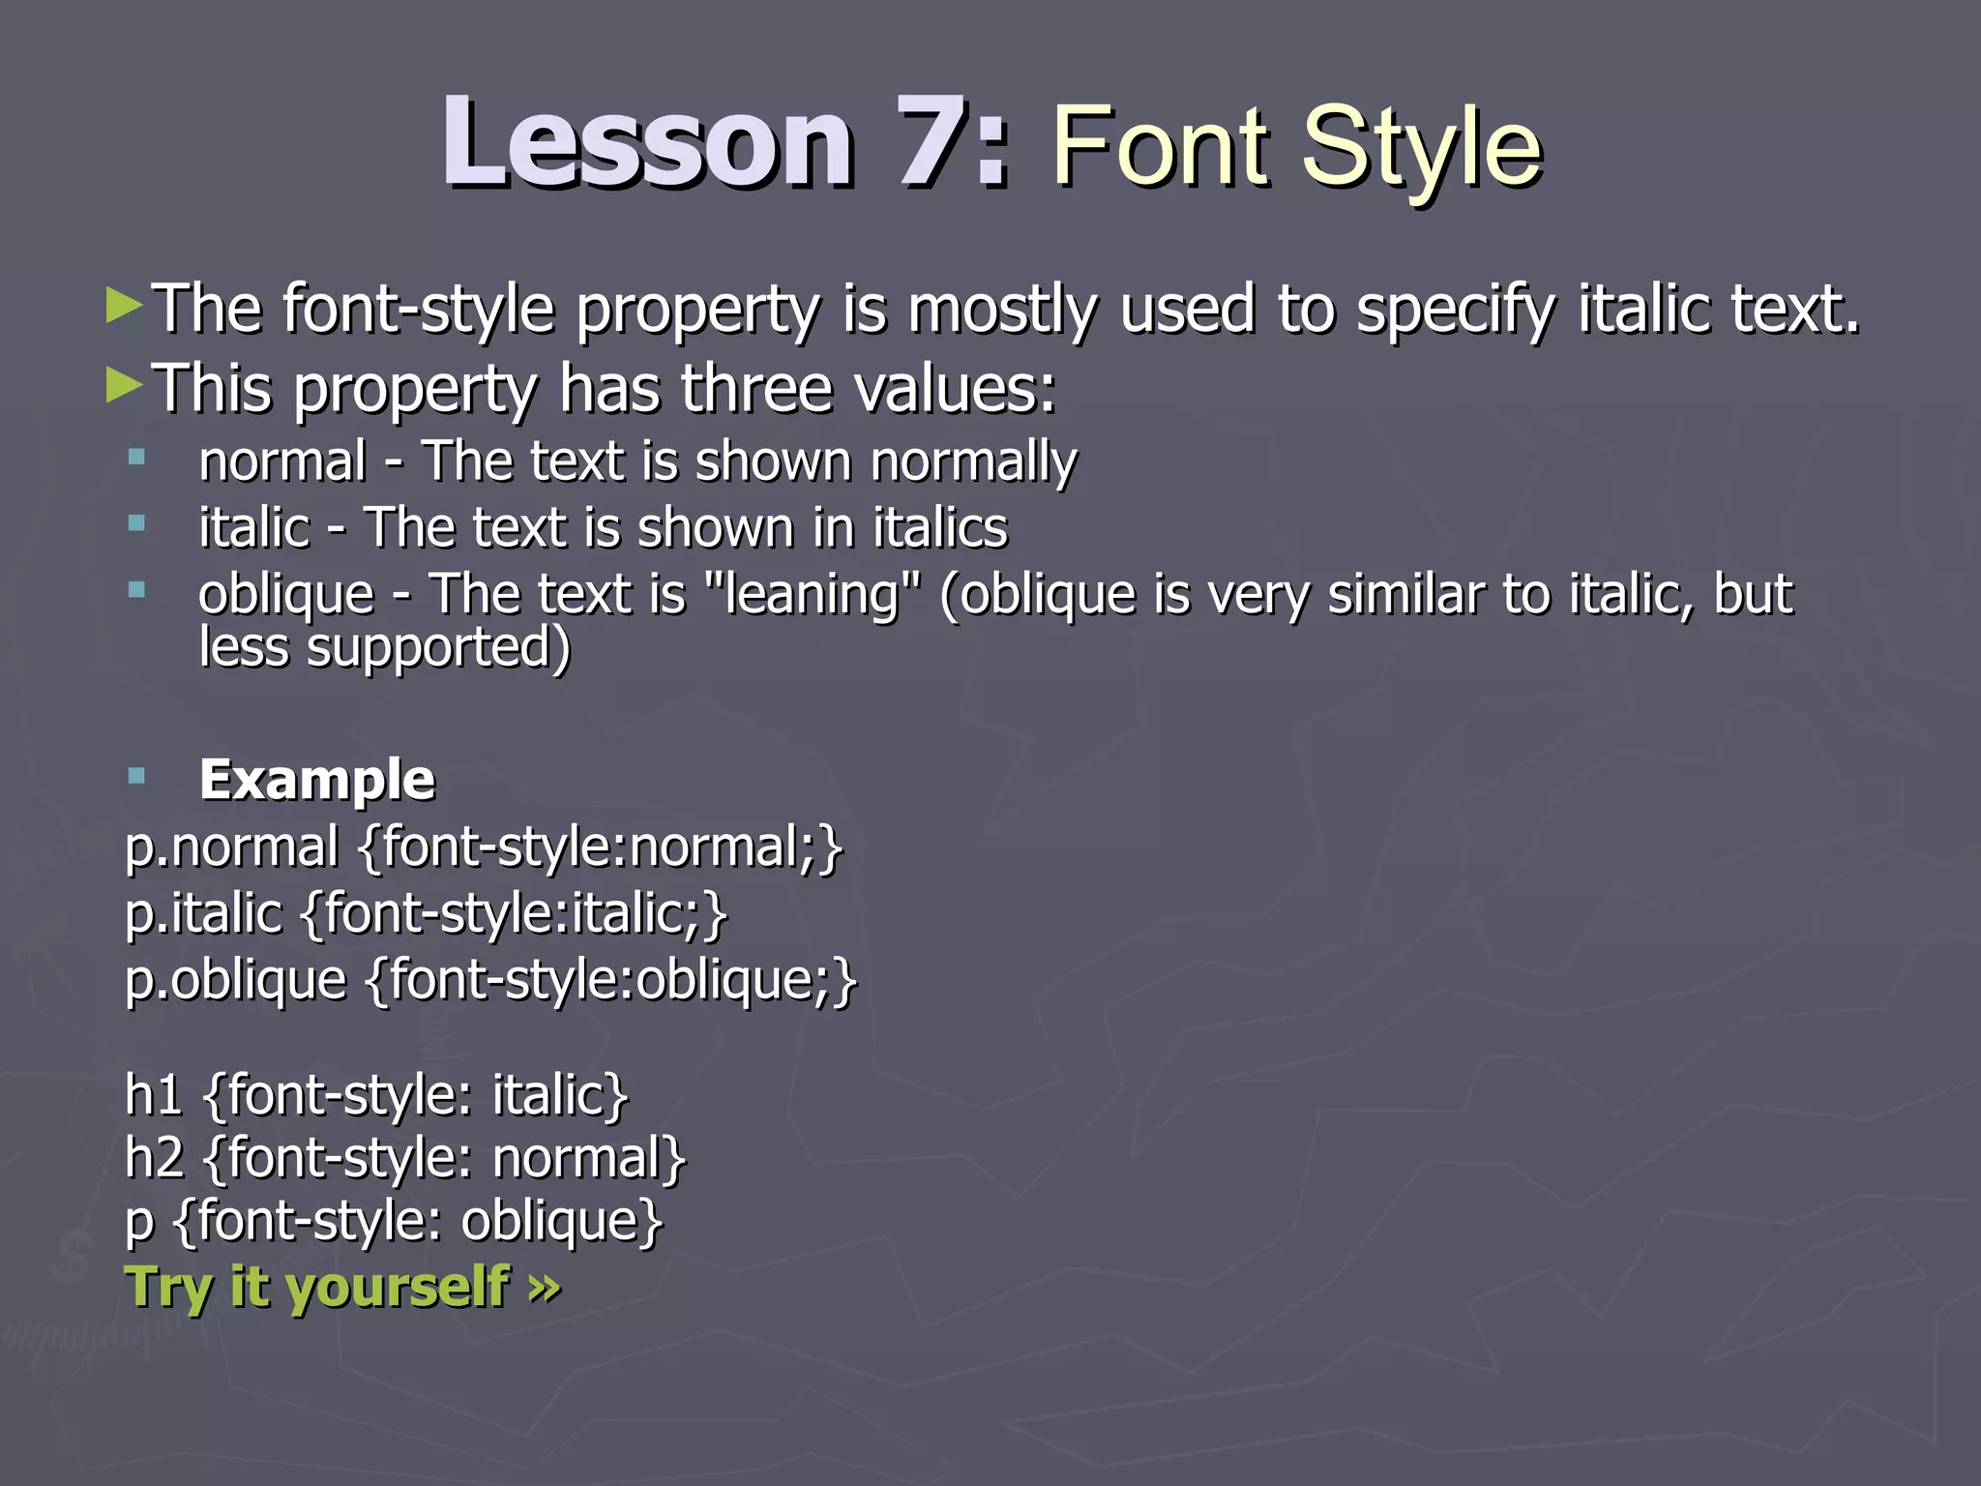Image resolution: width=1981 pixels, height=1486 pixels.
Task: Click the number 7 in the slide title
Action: click(x=933, y=143)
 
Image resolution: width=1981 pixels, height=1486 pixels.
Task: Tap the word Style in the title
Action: click(x=1421, y=147)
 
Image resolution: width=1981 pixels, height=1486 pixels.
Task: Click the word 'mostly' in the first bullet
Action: click(x=1003, y=310)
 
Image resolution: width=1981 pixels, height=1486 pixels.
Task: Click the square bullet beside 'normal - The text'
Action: click(x=136, y=457)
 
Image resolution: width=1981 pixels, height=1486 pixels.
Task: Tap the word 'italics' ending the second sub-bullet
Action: click(x=940, y=528)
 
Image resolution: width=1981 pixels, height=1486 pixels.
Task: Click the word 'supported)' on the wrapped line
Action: click(x=438, y=648)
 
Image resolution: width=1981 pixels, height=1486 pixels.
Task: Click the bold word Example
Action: click(x=317, y=780)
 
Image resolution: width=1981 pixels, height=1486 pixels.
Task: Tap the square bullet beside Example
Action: click(x=136, y=775)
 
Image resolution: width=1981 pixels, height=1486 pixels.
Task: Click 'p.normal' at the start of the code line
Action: click(x=232, y=847)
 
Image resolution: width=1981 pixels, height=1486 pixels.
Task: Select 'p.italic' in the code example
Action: click(x=203, y=913)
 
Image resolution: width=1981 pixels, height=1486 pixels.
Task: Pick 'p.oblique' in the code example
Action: click(x=236, y=981)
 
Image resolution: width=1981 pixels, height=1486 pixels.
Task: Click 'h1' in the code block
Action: click(x=154, y=1095)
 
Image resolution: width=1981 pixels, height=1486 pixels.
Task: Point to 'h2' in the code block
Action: click(x=155, y=1158)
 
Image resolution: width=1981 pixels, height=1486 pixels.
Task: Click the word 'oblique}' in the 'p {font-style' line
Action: click(x=562, y=1222)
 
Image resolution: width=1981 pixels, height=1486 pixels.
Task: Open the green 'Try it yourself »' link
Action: click(x=342, y=1288)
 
